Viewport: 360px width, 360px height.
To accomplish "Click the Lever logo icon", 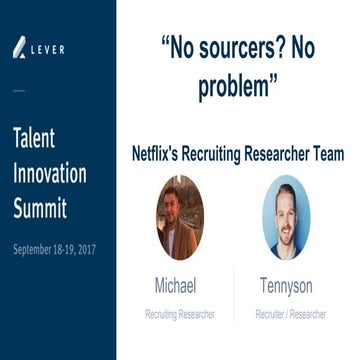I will (x=20, y=47).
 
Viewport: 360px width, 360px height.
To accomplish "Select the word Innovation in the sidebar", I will (x=50, y=173).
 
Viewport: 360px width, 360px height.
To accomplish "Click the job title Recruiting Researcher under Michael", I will (x=181, y=314).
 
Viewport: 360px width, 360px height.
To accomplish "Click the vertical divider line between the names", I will (x=234, y=296).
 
